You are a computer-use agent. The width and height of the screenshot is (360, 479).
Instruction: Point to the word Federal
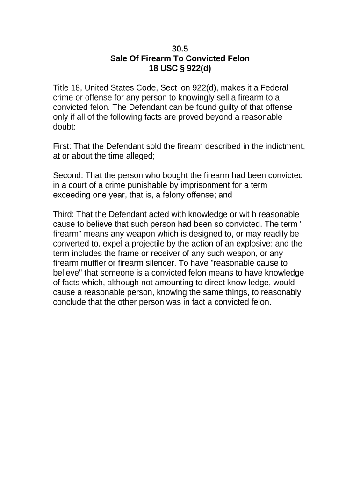tap(273, 87)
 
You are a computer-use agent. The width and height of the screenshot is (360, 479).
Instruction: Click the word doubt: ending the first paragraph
tap(64, 127)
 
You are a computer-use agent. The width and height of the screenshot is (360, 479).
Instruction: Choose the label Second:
tap(69, 175)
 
